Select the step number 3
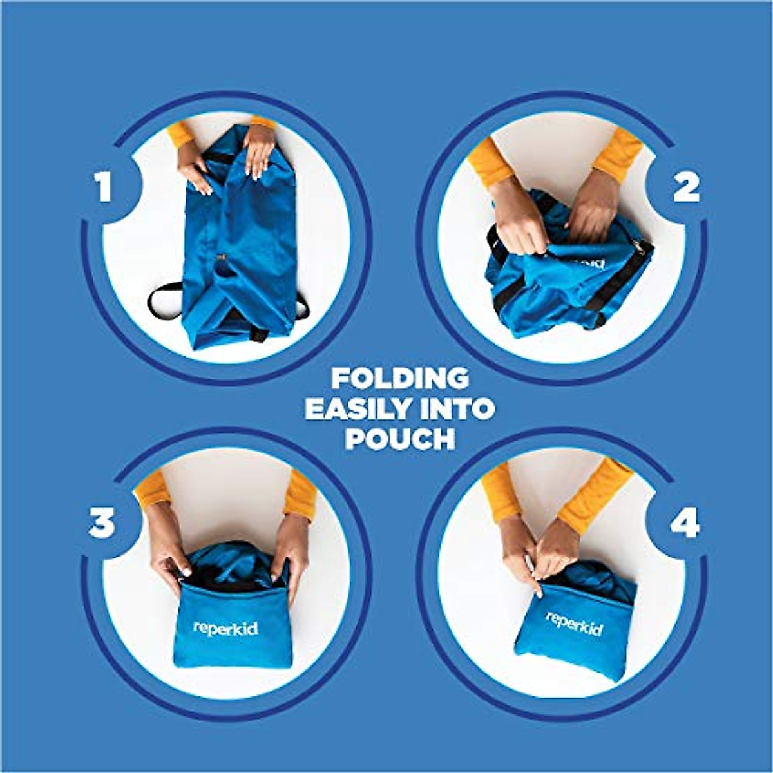[102, 523]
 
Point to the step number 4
[685, 523]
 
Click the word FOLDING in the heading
[400, 379]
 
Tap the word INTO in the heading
[461, 409]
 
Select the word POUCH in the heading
[400, 439]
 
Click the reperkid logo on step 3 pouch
[225, 629]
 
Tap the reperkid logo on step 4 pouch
[574, 624]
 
